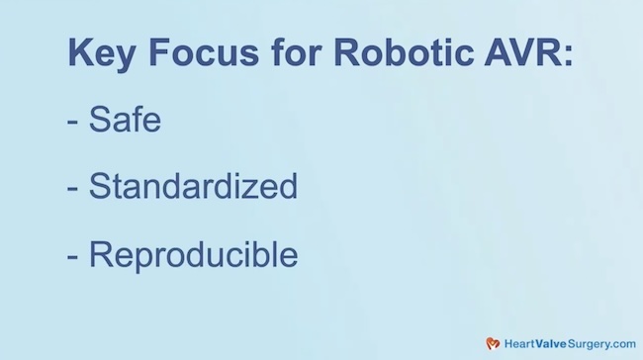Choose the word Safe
click(125, 120)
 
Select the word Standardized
click(193, 186)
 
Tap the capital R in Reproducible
click(99, 254)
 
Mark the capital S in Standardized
click(99, 186)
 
